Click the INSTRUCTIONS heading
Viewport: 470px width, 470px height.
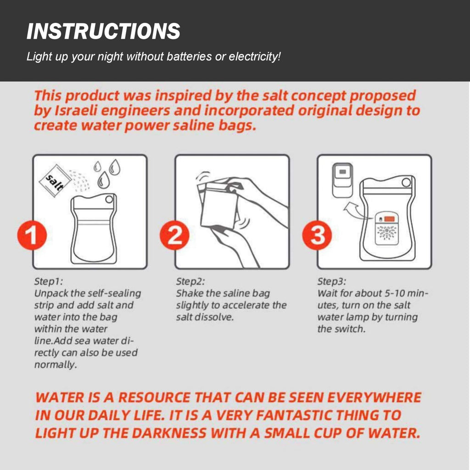pyautogui.click(x=103, y=31)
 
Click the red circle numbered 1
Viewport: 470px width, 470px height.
pyautogui.click(x=32, y=236)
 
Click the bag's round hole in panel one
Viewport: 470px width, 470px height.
pyautogui.click(x=108, y=199)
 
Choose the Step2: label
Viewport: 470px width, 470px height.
pyautogui.click(x=190, y=281)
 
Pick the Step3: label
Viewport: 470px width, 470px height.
pyautogui.click(x=332, y=281)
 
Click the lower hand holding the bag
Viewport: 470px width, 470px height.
pyautogui.click(x=234, y=243)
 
